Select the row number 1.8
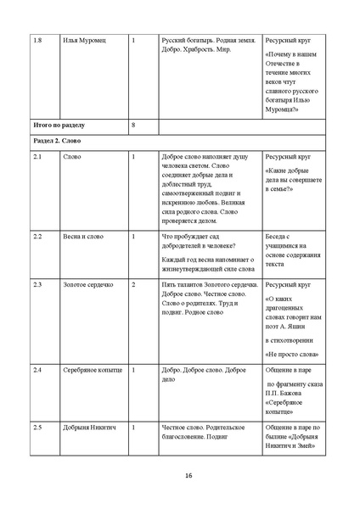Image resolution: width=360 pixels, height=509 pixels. (x=36, y=41)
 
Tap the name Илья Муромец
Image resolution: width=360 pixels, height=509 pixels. (x=82, y=41)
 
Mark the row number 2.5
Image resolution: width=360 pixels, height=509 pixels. (x=37, y=427)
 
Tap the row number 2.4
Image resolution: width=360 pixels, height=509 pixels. (x=37, y=371)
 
